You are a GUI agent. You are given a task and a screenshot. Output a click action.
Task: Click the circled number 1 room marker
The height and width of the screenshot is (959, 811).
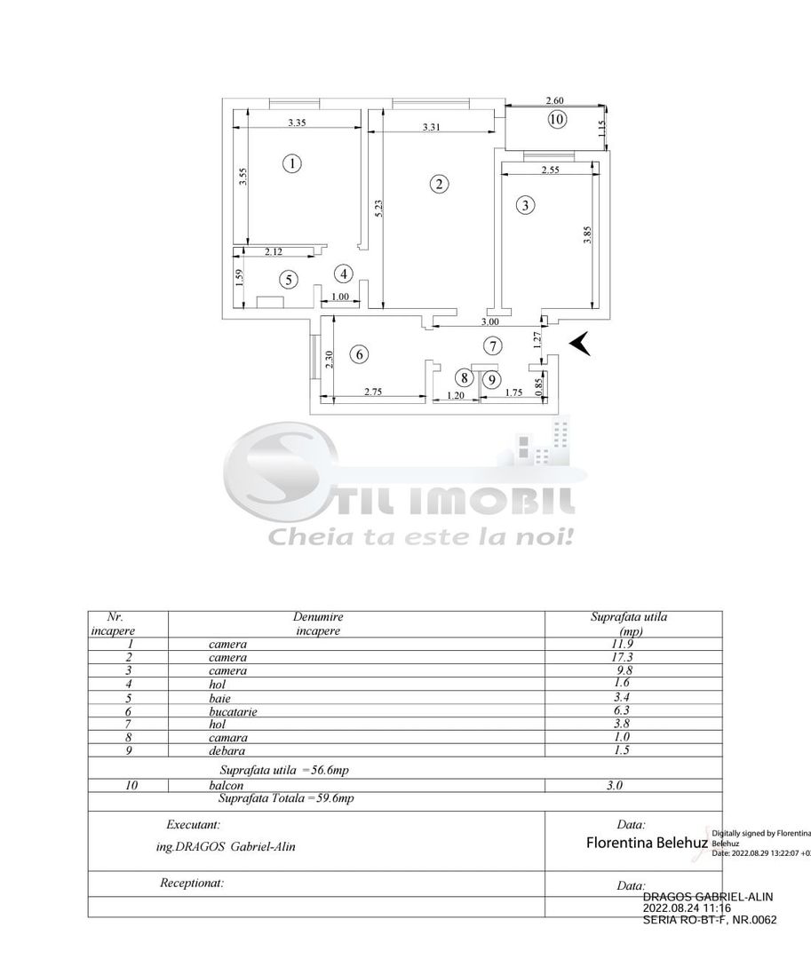pos(290,163)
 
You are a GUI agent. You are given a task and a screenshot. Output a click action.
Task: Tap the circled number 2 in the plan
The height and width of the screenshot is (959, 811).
pos(438,184)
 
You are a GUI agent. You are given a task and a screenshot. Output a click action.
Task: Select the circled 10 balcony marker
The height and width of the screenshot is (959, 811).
pos(557,120)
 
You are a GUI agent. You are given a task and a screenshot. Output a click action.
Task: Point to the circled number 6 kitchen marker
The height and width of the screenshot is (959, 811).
pos(359,354)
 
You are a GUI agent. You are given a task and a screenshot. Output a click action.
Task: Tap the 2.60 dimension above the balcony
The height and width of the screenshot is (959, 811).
pos(553,101)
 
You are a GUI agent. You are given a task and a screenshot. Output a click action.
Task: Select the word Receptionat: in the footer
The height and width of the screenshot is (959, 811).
pos(191,883)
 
